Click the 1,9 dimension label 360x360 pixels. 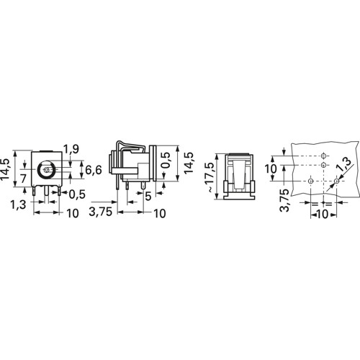point(71,149)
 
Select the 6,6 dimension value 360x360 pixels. point(94,170)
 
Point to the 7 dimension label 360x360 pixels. point(23,179)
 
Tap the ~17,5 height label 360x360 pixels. point(210,177)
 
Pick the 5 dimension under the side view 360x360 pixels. point(148,197)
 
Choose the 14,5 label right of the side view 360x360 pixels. point(189,163)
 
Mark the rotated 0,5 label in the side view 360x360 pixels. point(166,160)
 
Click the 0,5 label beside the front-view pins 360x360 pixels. point(77,194)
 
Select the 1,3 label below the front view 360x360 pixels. point(18,204)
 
